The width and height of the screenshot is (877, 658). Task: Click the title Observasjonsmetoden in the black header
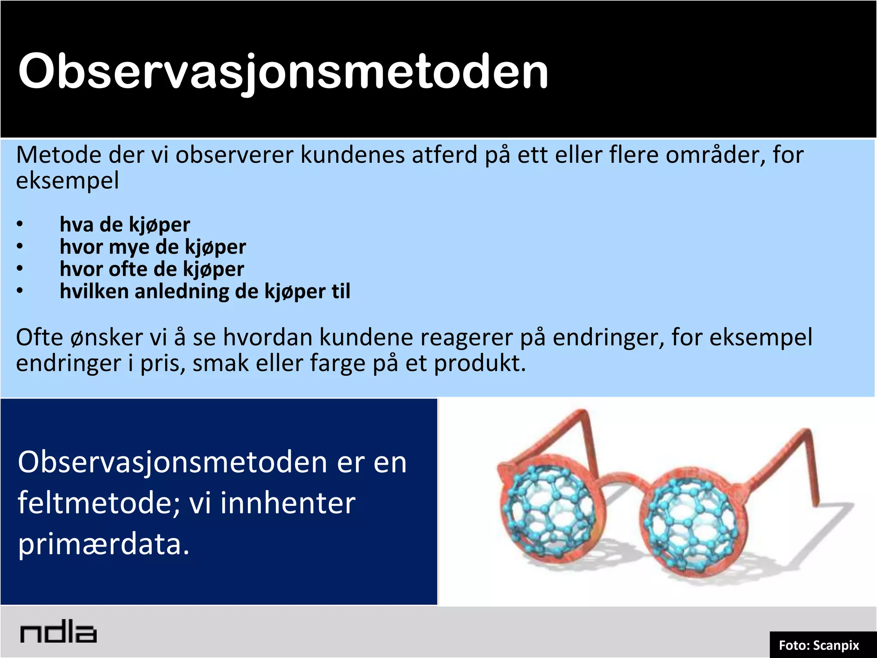point(283,72)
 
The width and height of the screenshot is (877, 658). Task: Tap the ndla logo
point(58,633)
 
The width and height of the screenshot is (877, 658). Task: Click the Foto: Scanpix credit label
point(818,645)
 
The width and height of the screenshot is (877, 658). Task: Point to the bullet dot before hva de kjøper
point(20,224)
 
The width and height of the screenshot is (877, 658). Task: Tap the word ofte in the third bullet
point(128,269)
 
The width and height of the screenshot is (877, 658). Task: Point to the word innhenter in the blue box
point(288,503)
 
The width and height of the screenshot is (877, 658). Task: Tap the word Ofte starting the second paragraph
point(39,338)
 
